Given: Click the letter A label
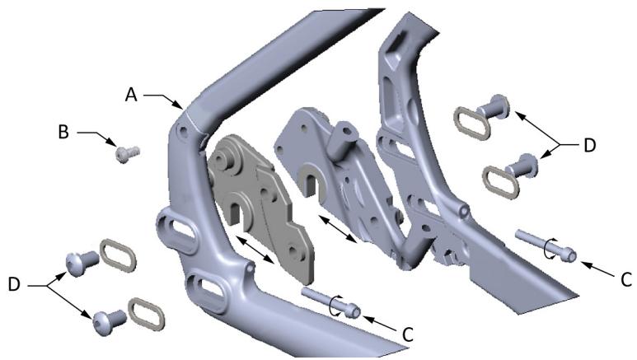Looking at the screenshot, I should [131, 95].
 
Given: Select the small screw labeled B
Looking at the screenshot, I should [125, 154].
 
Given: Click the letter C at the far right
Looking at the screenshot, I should [625, 278].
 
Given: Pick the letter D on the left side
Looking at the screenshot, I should [14, 284].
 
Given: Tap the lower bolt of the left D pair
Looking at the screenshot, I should [109, 320].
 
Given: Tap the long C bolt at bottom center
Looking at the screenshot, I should [330, 301].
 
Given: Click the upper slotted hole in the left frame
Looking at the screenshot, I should [178, 234].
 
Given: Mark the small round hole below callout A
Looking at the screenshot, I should [179, 130].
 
